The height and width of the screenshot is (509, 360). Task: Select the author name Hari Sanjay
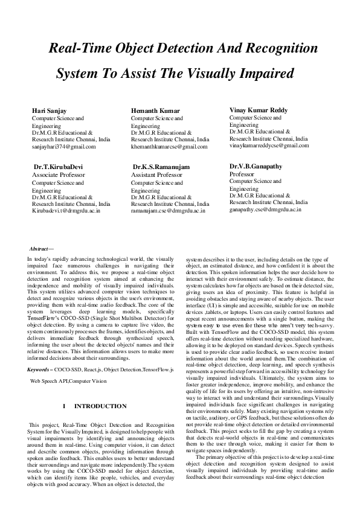click(x=50, y=111)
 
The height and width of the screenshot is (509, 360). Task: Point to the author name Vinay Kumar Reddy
click(x=259, y=110)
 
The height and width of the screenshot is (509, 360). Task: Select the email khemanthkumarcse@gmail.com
click(x=169, y=147)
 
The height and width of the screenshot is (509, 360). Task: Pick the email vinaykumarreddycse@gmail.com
click(x=269, y=146)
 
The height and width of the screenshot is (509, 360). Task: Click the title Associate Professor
click(x=58, y=174)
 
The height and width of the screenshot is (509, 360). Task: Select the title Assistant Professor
click(x=156, y=174)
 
